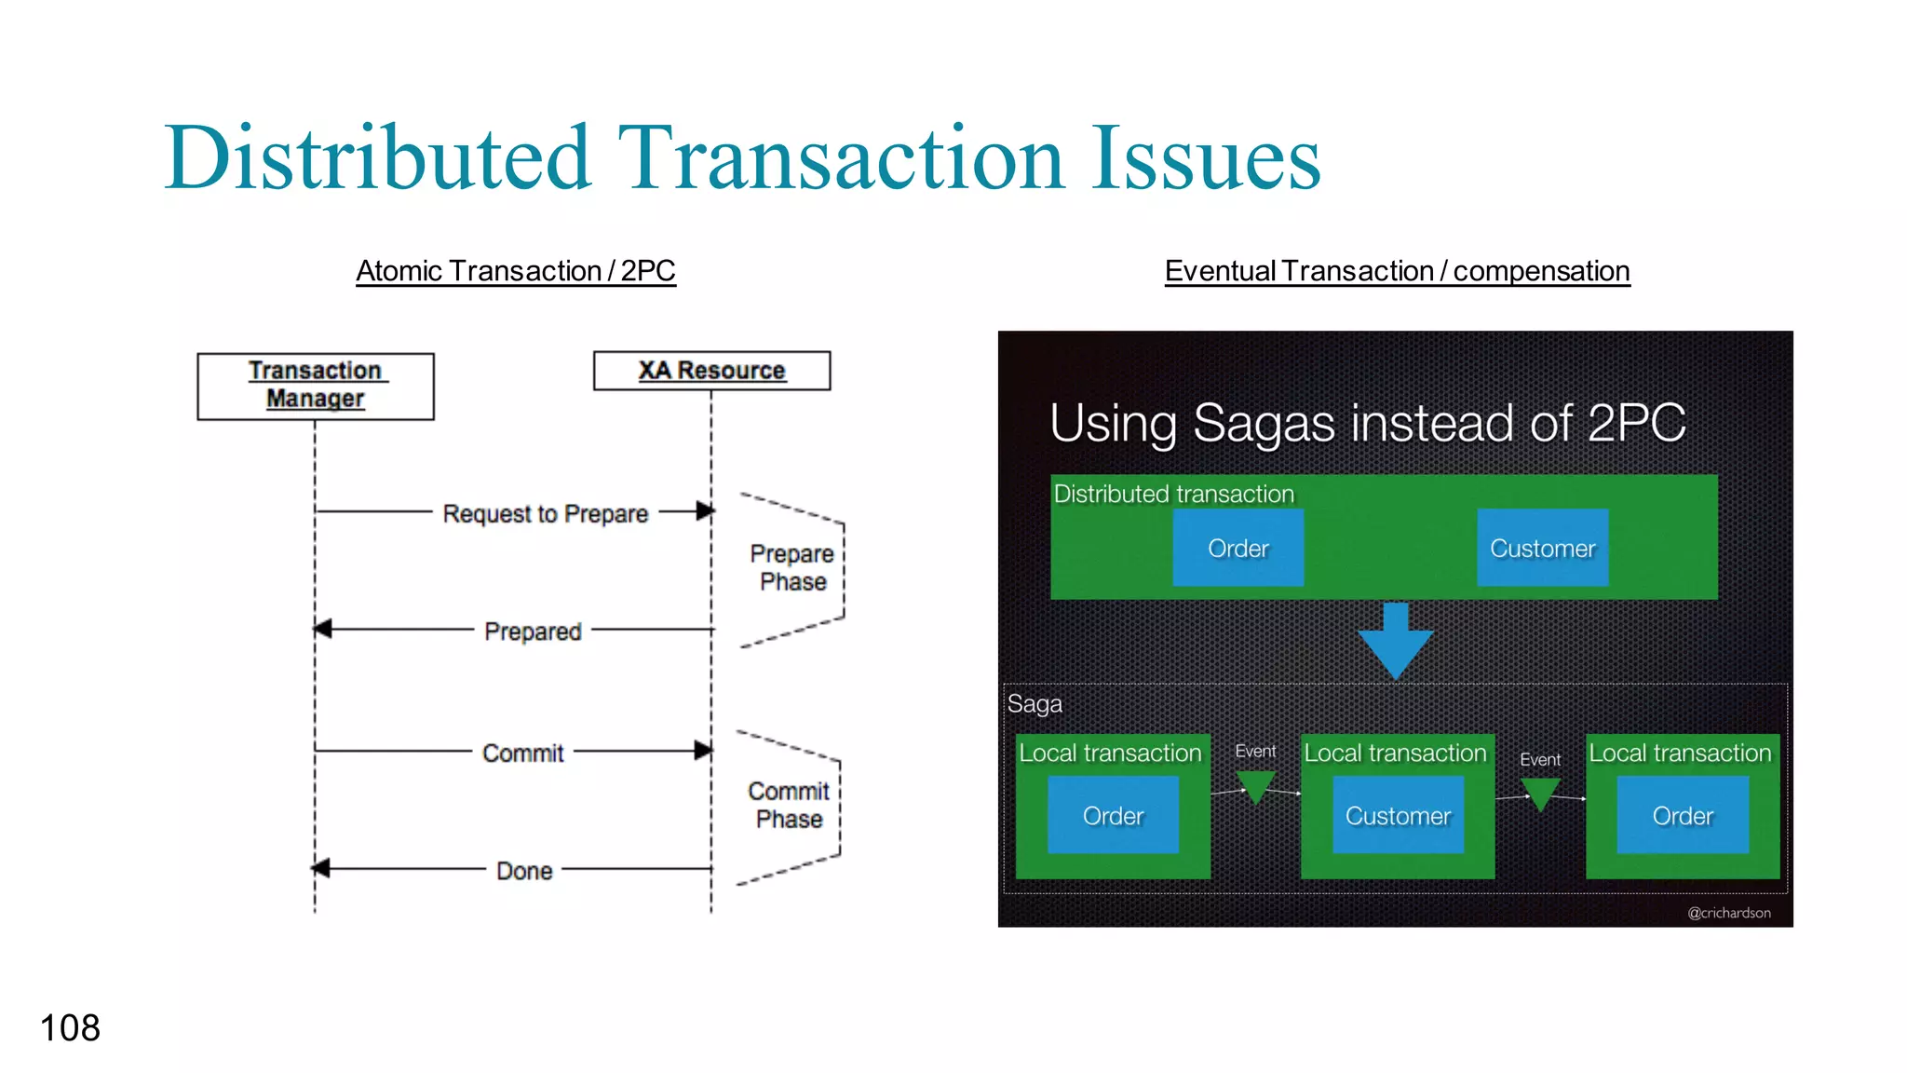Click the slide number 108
[70, 1028]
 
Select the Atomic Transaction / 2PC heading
[516, 271]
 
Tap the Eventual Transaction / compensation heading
[1397, 271]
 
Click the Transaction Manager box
[316, 386]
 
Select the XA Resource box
[711, 371]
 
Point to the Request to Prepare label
[546, 513]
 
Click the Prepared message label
[533, 632]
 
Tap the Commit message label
[522, 753]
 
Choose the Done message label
[524, 871]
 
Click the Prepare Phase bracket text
[792, 567]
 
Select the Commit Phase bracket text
[789, 805]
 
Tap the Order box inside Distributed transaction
[1238, 548]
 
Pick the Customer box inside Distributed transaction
[1542, 548]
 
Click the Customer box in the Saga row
[1398, 816]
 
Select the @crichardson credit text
[1729, 913]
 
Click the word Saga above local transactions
[1035, 703]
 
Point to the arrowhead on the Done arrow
[321, 869]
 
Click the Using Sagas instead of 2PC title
[1367, 423]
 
